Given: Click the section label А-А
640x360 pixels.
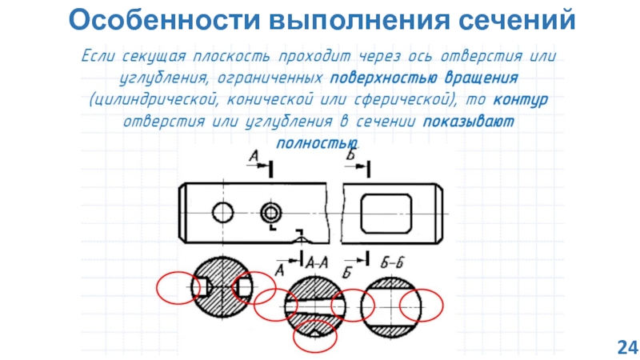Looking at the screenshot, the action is pos(318,262).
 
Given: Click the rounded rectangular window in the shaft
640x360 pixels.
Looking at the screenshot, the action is pos(386,212).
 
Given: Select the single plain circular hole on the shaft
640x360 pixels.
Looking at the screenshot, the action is pos(222,213).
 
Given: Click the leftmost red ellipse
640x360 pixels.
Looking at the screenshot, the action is pos(178,288).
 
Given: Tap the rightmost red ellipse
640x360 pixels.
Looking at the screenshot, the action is pos(422,304).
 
